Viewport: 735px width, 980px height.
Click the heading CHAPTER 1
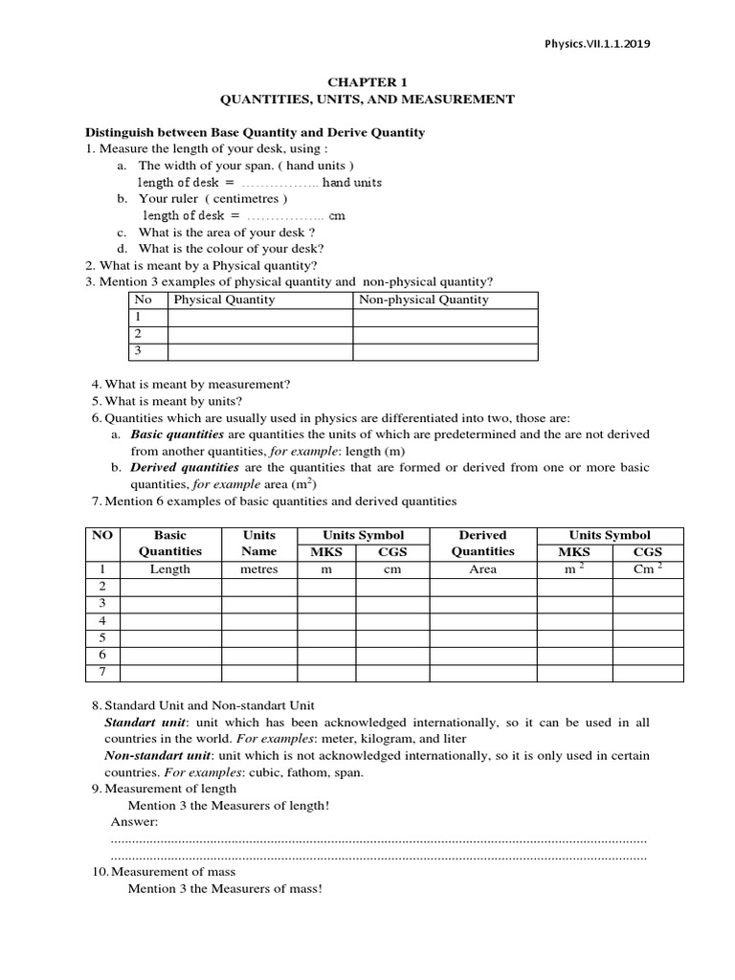click(x=367, y=82)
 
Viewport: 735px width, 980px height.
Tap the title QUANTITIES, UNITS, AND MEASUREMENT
click(x=367, y=100)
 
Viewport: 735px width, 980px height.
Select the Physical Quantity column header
click(x=224, y=301)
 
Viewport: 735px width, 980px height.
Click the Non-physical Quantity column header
click(x=422, y=301)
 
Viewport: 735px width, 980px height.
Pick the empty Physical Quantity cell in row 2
click(x=260, y=335)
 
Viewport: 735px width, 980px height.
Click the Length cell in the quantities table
click(x=170, y=569)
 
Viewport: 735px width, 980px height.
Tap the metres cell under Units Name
click(x=259, y=569)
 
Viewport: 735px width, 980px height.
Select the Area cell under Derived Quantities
click(x=483, y=569)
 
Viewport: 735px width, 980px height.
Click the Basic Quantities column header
click(x=170, y=544)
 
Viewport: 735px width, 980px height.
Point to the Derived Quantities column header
click(x=483, y=544)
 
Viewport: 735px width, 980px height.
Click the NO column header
click(x=102, y=536)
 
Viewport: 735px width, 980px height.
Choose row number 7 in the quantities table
click(x=102, y=673)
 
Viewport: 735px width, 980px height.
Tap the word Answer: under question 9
click(x=135, y=822)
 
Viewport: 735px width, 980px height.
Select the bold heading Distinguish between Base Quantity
click(x=256, y=132)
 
